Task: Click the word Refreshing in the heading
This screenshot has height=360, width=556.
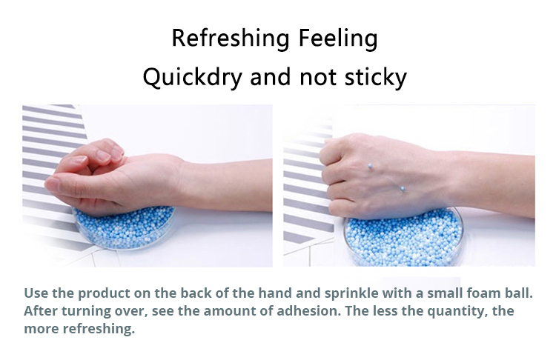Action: [231, 39]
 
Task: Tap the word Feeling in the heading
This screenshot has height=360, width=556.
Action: [338, 39]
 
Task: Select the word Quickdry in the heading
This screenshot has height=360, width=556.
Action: [193, 77]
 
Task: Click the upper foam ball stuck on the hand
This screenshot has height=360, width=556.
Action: [370, 166]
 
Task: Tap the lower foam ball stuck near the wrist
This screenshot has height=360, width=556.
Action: [403, 188]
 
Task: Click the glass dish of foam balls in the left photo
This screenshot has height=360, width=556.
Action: [124, 227]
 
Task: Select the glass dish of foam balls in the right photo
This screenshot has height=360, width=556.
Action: [403, 237]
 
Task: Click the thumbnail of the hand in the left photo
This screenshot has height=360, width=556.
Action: [52, 184]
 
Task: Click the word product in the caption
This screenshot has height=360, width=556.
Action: [104, 294]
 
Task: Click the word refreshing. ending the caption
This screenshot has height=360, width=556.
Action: [99, 329]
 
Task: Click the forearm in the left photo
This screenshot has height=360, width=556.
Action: [227, 184]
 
